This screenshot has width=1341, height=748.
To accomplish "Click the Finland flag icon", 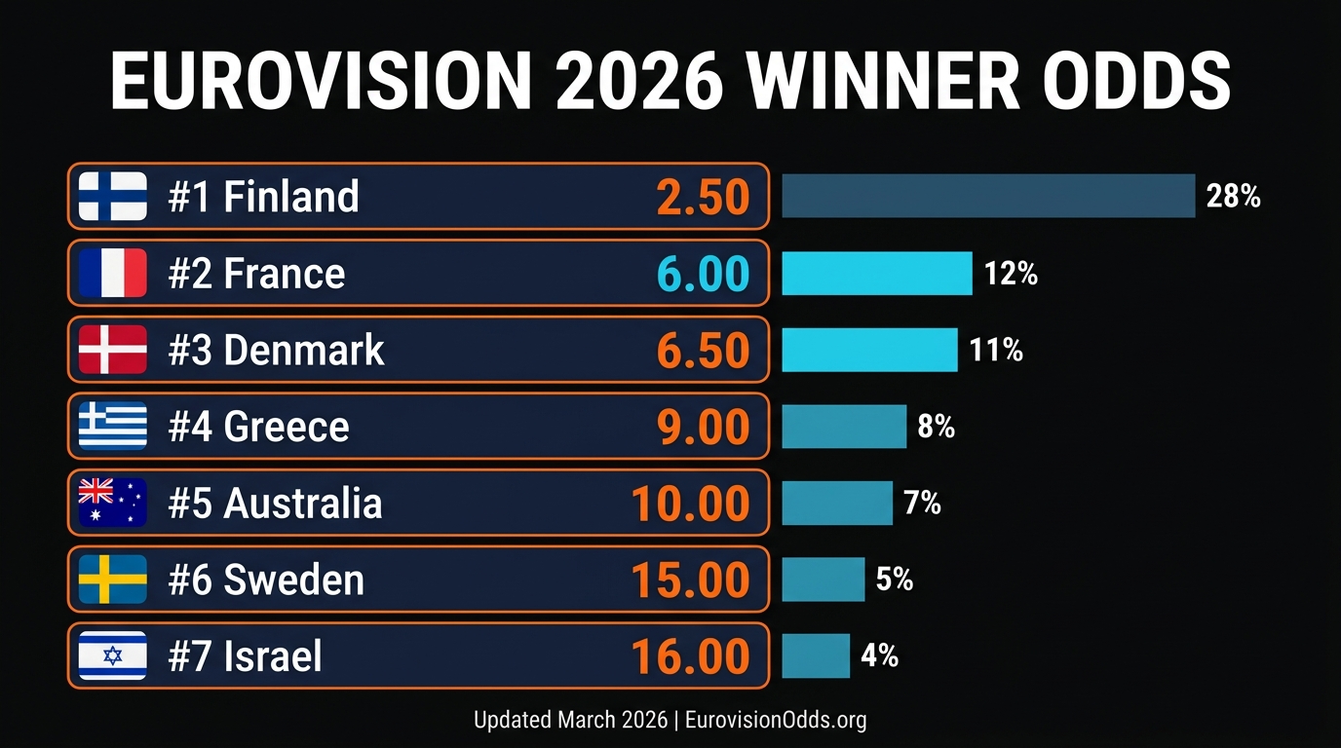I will pyautogui.click(x=112, y=196).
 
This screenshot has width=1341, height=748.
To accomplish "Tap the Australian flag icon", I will pyautogui.click(x=112, y=503).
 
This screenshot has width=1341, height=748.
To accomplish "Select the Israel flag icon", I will pyautogui.click(x=112, y=655).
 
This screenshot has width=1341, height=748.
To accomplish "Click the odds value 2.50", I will pyautogui.click(x=703, y=197).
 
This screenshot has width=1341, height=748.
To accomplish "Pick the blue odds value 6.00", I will pyautogui.click(x=703, y=274).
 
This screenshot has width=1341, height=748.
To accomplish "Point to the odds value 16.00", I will pyautogui.click(x=690, y=656).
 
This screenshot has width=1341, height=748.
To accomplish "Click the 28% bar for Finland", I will pyautogui.click(x=988, y=196).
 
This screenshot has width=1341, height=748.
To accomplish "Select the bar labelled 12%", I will pyautogui.click(x=877, y=273).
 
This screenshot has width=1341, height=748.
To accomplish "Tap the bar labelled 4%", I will pyautogui.click(x=816, y=655).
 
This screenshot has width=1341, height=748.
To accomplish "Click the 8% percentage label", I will pyautogui.click(x=936, y=426).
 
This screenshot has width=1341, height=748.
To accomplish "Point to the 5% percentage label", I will pyautogui.click(x=894, y=580).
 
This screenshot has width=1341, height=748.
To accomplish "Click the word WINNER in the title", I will pyautogui.click(x=884, y=81).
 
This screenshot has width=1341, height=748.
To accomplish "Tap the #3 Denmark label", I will pyautogui.click(x=276, y=350).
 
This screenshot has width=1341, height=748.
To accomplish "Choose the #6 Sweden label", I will pyautogui.click(x=266, y=580).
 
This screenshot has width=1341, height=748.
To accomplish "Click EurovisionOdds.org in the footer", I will pyautogui.click(x=776, y=720).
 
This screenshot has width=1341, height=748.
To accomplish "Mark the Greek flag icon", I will pyautogui.click(x=112, y=426).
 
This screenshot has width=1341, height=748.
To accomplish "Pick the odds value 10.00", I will pyautogui.click(x=690, y=504).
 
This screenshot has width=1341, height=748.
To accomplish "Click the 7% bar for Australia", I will pyautogui.click(x=837, y=503).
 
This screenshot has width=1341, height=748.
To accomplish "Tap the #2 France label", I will pyautogui.click(x=256, y=274).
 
